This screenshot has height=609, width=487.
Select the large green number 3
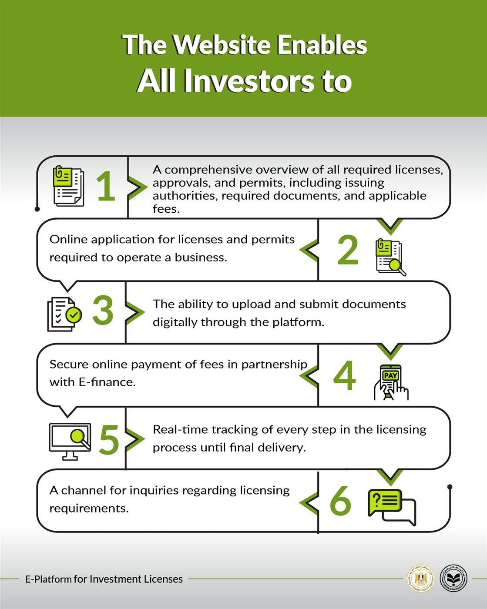click(103, 311)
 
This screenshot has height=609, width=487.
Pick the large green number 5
click(109, 440)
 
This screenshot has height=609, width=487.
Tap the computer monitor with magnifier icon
click(70, 441)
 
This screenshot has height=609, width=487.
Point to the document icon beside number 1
click(68, 186)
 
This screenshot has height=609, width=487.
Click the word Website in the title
click(221, 45)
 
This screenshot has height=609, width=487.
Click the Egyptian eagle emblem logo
click(420, 579)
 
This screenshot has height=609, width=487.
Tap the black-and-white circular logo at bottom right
click(454, 579)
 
